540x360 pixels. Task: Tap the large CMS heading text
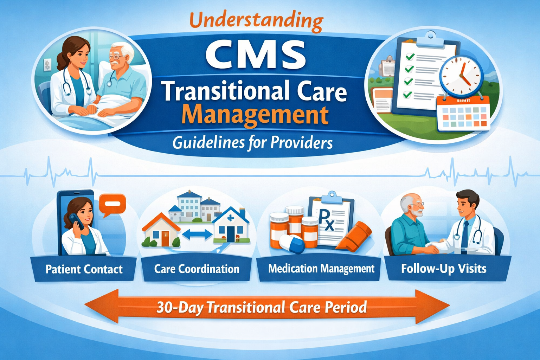point(256,55)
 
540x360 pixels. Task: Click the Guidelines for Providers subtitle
point(252,143)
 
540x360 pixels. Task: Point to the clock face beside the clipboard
point(461,75)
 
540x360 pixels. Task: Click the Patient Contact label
point(84,269)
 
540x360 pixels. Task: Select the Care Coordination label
point(197,269)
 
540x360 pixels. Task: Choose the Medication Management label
point(321,269)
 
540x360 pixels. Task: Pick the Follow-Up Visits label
point(444,269)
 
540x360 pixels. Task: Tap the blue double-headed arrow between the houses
point(197,234)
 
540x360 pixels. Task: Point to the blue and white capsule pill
point(292,243)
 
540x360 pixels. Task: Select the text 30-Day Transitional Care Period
point(262,307)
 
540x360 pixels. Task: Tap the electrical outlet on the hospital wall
point(47,65)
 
